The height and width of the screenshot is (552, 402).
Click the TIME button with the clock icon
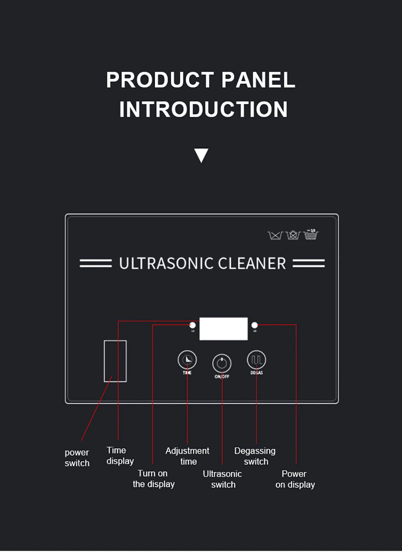tap(187, 360)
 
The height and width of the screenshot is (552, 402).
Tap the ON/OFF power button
tap(222, 363)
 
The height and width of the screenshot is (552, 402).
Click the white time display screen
tap(224, 329)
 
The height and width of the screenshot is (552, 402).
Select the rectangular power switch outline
tap(115, 361)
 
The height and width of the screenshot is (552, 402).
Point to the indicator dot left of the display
tap(193, 325)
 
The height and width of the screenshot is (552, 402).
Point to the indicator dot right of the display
tap(254, 325)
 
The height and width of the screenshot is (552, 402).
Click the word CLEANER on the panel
tap(252, 264)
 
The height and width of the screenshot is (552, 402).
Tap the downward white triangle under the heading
tap(201, 155)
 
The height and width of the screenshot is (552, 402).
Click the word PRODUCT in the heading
tap(160, 80)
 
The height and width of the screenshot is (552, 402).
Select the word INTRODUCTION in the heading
tap(203, 109)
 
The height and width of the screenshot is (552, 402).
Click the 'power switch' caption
tap(77, 458)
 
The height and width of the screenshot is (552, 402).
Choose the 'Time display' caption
tap(119, 455)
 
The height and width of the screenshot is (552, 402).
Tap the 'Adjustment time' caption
tap(188, 456)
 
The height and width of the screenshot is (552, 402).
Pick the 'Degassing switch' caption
tap(255, 456)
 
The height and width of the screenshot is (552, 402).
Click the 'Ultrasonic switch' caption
tap(223, 479)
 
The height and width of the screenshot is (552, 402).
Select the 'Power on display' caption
tap(295, 479)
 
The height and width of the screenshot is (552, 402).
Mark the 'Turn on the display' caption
tap(154, 479)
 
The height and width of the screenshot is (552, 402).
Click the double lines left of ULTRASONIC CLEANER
tap(96, 264)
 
